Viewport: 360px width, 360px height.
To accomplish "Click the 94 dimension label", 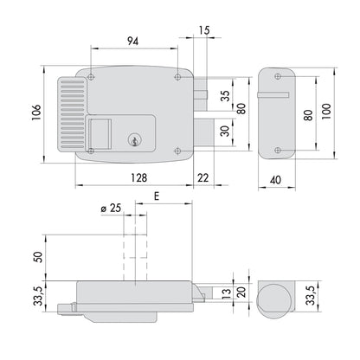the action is (x=132, y=42).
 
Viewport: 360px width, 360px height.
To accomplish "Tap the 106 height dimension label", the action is (x=36, y=112).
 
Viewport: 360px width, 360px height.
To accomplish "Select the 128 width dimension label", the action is (x=138, y=177).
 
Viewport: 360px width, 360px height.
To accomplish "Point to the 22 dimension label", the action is (x=202, y=177).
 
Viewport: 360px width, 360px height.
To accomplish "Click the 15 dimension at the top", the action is (x=204, y=30).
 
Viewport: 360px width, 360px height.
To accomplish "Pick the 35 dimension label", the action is (x=227, y=96).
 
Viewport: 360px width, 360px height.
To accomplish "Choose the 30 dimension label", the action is (x=227, y=131).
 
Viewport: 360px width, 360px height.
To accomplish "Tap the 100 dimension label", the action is (x=326, y=112).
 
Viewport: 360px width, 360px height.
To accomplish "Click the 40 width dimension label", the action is (x=275, y=180).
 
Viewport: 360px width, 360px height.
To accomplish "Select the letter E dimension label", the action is (x=157, y=196).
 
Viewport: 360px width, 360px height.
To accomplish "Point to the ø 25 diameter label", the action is (x=111, y=208).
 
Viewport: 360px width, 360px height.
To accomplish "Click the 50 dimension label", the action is (x=38, y=257).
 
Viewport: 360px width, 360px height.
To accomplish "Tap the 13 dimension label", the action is (x=227, y=293).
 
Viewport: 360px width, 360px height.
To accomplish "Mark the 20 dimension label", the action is (x=241, y=292).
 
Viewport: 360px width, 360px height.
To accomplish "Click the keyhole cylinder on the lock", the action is (x=133, y=140).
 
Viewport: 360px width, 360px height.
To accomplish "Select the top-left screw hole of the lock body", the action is (x=91, y=77).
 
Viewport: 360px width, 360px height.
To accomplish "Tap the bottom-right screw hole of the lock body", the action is (x=177, y=151).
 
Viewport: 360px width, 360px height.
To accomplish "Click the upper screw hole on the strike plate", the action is (x=278, y=76).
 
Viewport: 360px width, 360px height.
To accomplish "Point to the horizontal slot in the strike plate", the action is (x=273, y=95).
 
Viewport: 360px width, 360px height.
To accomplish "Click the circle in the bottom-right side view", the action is (x=273, y=301).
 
